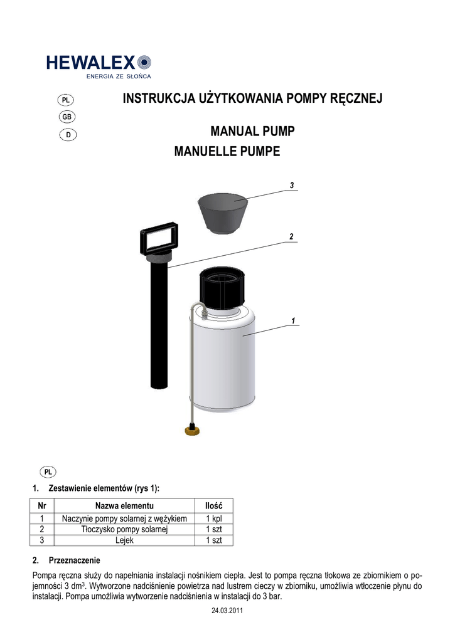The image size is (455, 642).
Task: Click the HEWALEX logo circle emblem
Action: point(144,62)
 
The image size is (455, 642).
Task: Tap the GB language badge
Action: point(67,117)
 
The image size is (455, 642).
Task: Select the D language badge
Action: point(68,135)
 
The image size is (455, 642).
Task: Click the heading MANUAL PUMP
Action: point(252,131)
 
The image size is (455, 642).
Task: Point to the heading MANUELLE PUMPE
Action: point(227,151)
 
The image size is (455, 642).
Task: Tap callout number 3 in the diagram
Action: point(292,186)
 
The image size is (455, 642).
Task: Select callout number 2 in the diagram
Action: point(291,236)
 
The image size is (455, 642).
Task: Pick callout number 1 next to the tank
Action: point(293,320)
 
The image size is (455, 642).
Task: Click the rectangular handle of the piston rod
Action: point(159,238)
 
